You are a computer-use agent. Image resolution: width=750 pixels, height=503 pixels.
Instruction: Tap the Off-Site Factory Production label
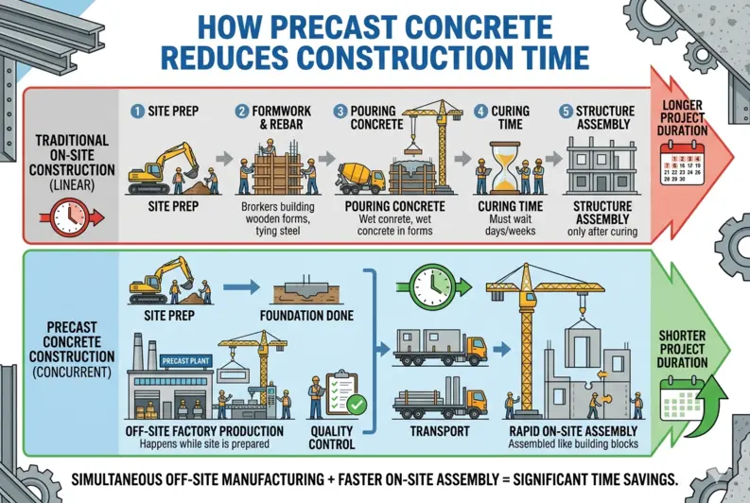204,431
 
